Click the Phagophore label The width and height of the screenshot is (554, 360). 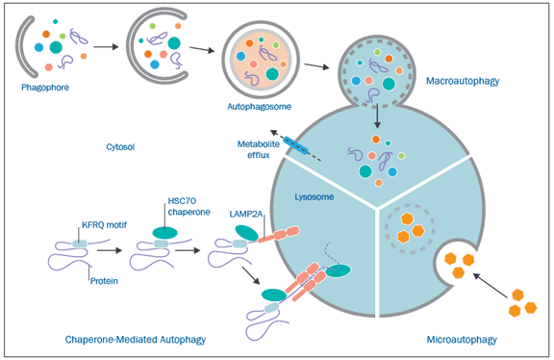click(x=45, y=88)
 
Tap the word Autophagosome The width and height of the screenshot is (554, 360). click(x=259, y=107)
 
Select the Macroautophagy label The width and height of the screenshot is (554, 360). click(x=463, y=81)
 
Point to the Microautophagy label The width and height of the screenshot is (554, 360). click(x=462, y=340)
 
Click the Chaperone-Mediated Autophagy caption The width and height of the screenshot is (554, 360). click(x=136, y=340)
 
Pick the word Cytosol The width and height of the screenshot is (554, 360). click(x=120, y=146)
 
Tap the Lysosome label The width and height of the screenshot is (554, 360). click(x=315, y=197)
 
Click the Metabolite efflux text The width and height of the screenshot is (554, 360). click(x=259, y=149)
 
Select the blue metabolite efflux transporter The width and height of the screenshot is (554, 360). click(x=295, y=145)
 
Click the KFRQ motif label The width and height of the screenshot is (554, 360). click(x=104, y=225)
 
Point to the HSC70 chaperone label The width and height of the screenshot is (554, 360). click(x=189, y=207)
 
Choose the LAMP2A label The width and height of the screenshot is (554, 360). click(x=245, y=214)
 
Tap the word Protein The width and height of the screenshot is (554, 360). click(x=104, y=281)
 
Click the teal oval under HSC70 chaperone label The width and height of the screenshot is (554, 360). click(x=165, y=233)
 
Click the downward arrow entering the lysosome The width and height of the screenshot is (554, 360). click(x=377, y=116)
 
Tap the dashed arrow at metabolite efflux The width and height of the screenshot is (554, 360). click(x=295, y=145)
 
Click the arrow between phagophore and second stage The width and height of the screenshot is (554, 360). click(x=106, y=46)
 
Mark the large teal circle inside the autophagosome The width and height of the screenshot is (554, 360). click(x=272, y=74)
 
